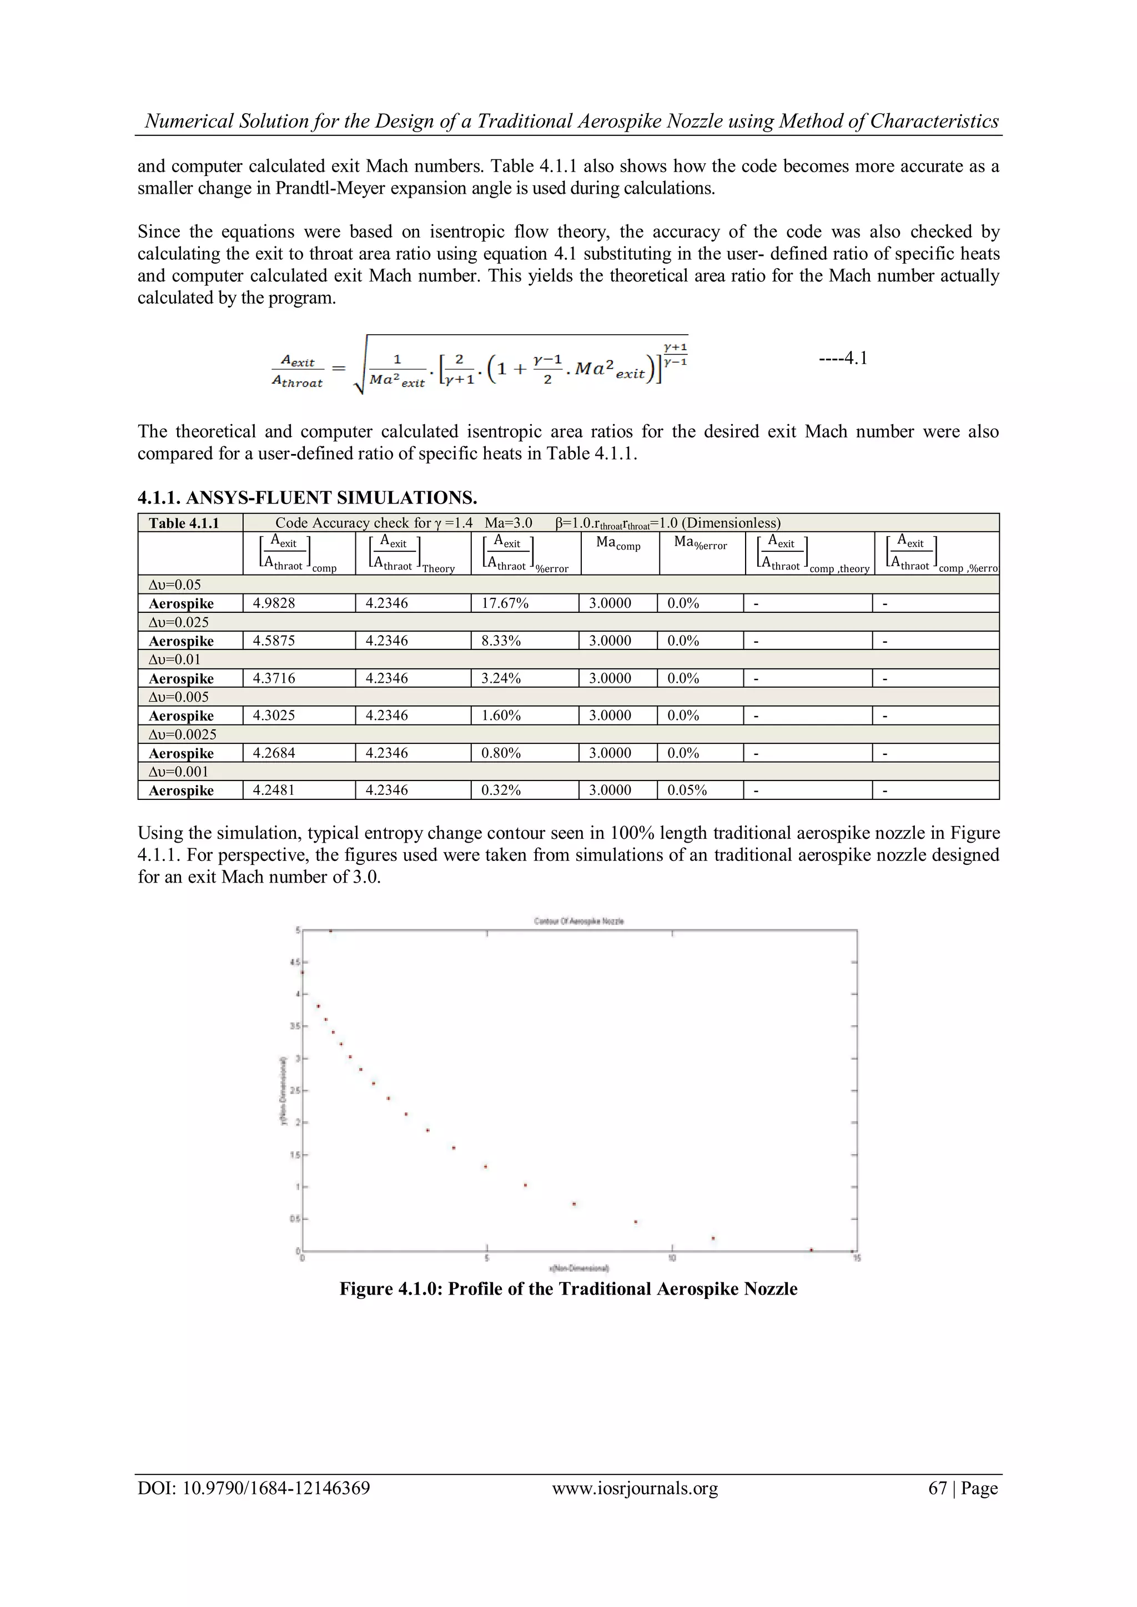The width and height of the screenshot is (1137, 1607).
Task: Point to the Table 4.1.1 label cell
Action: click(184, 523)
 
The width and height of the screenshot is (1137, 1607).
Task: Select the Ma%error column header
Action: click(700, 543)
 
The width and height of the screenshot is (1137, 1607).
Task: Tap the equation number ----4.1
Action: click(843, 359)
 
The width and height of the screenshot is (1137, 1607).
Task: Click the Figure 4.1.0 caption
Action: click(568, 1289)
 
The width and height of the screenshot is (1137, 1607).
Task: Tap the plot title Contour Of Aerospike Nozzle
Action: click(578, 921)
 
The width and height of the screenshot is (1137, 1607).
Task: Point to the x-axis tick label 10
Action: click(671, 1258)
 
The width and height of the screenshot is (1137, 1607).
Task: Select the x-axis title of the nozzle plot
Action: click(578, 1267)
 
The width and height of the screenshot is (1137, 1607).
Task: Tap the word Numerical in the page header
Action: click(188, 121)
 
